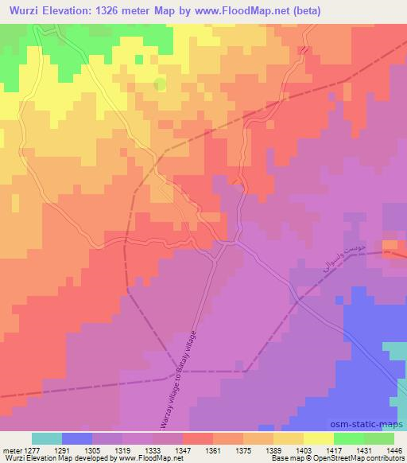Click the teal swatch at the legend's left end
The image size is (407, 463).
[46, 438]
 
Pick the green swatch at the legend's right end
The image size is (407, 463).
[378, 438]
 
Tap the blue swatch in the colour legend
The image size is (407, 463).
[77, 438]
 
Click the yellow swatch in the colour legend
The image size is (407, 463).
[318, 438]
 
